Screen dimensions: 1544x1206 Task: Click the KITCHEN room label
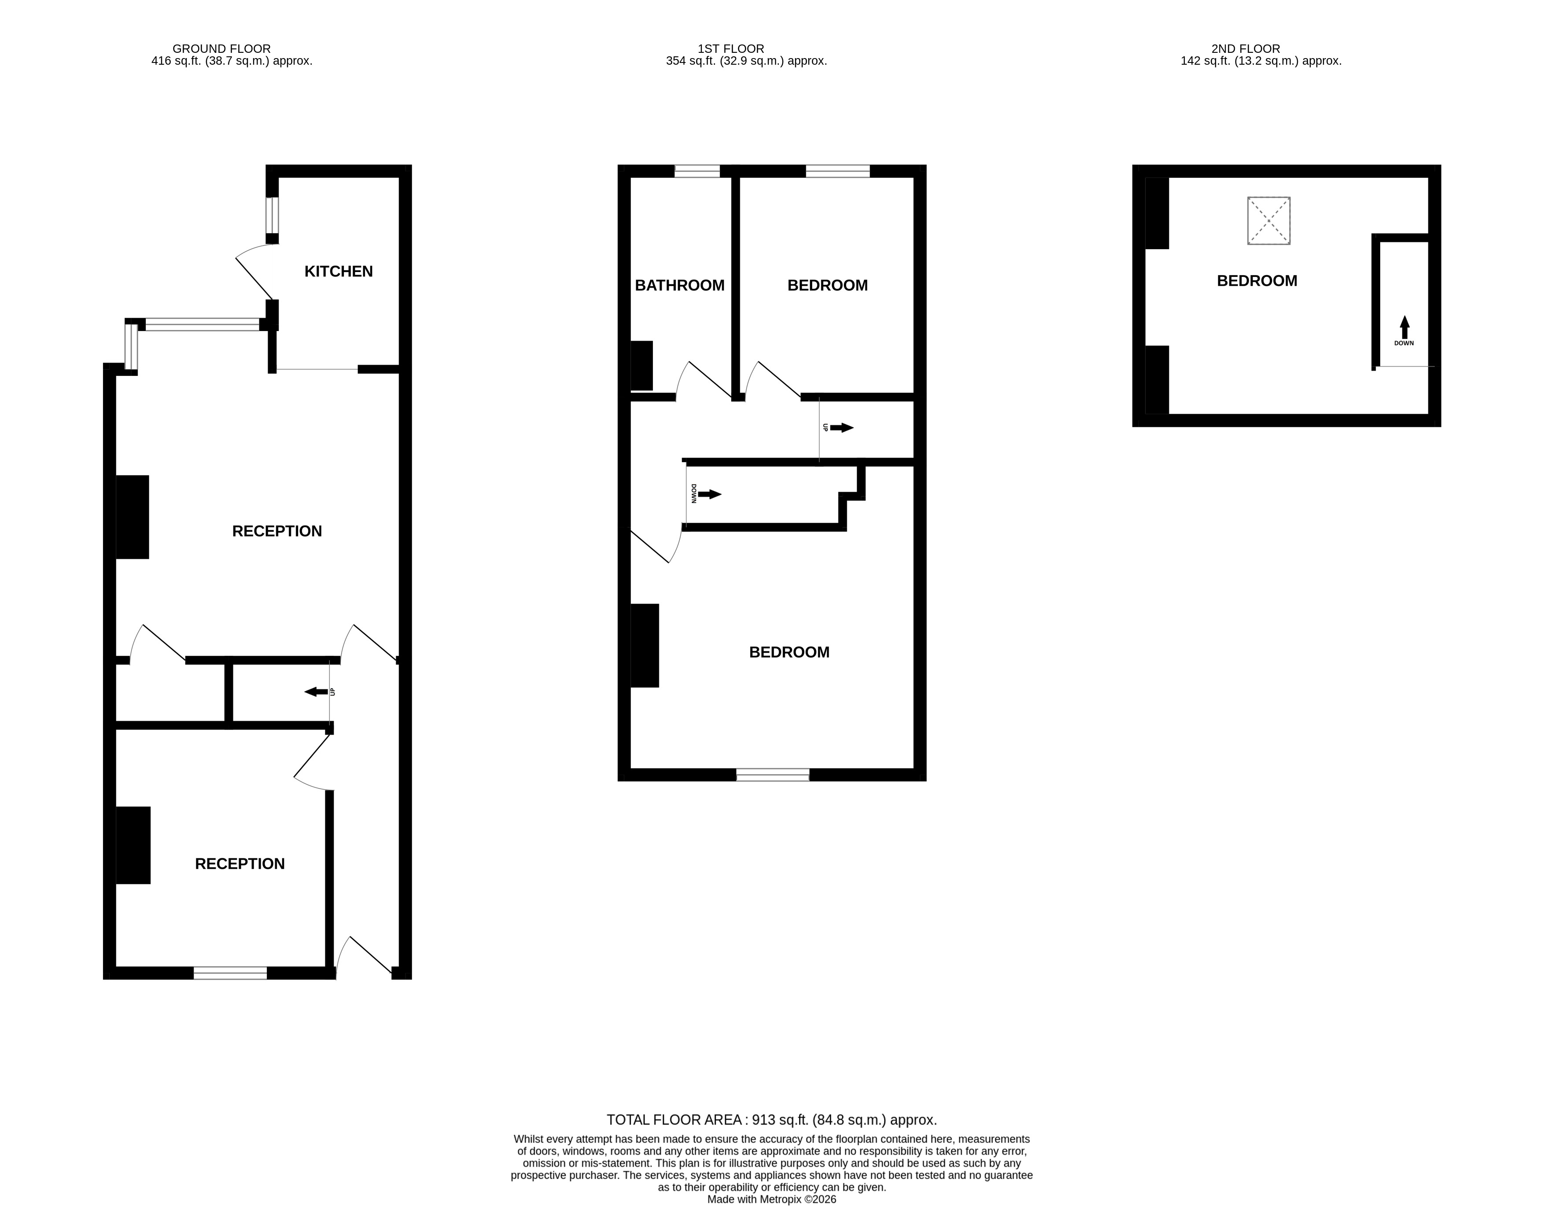click(x=338, y=272)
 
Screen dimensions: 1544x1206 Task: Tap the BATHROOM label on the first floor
click(x=679, y=286)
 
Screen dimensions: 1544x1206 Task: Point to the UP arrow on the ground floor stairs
click(x=316, y=691)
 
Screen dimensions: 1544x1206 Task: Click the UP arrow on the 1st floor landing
click(x=841, y=428)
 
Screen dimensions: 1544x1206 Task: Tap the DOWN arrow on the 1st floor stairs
click(x=710, y=494)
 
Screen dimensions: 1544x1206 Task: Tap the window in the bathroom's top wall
click(x=697, y=171)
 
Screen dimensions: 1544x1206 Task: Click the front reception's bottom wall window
click(x=230, y=973)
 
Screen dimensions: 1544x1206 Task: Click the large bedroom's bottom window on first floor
click(x=773, y=775)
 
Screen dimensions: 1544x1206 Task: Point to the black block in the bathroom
click(x=641, y=365)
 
